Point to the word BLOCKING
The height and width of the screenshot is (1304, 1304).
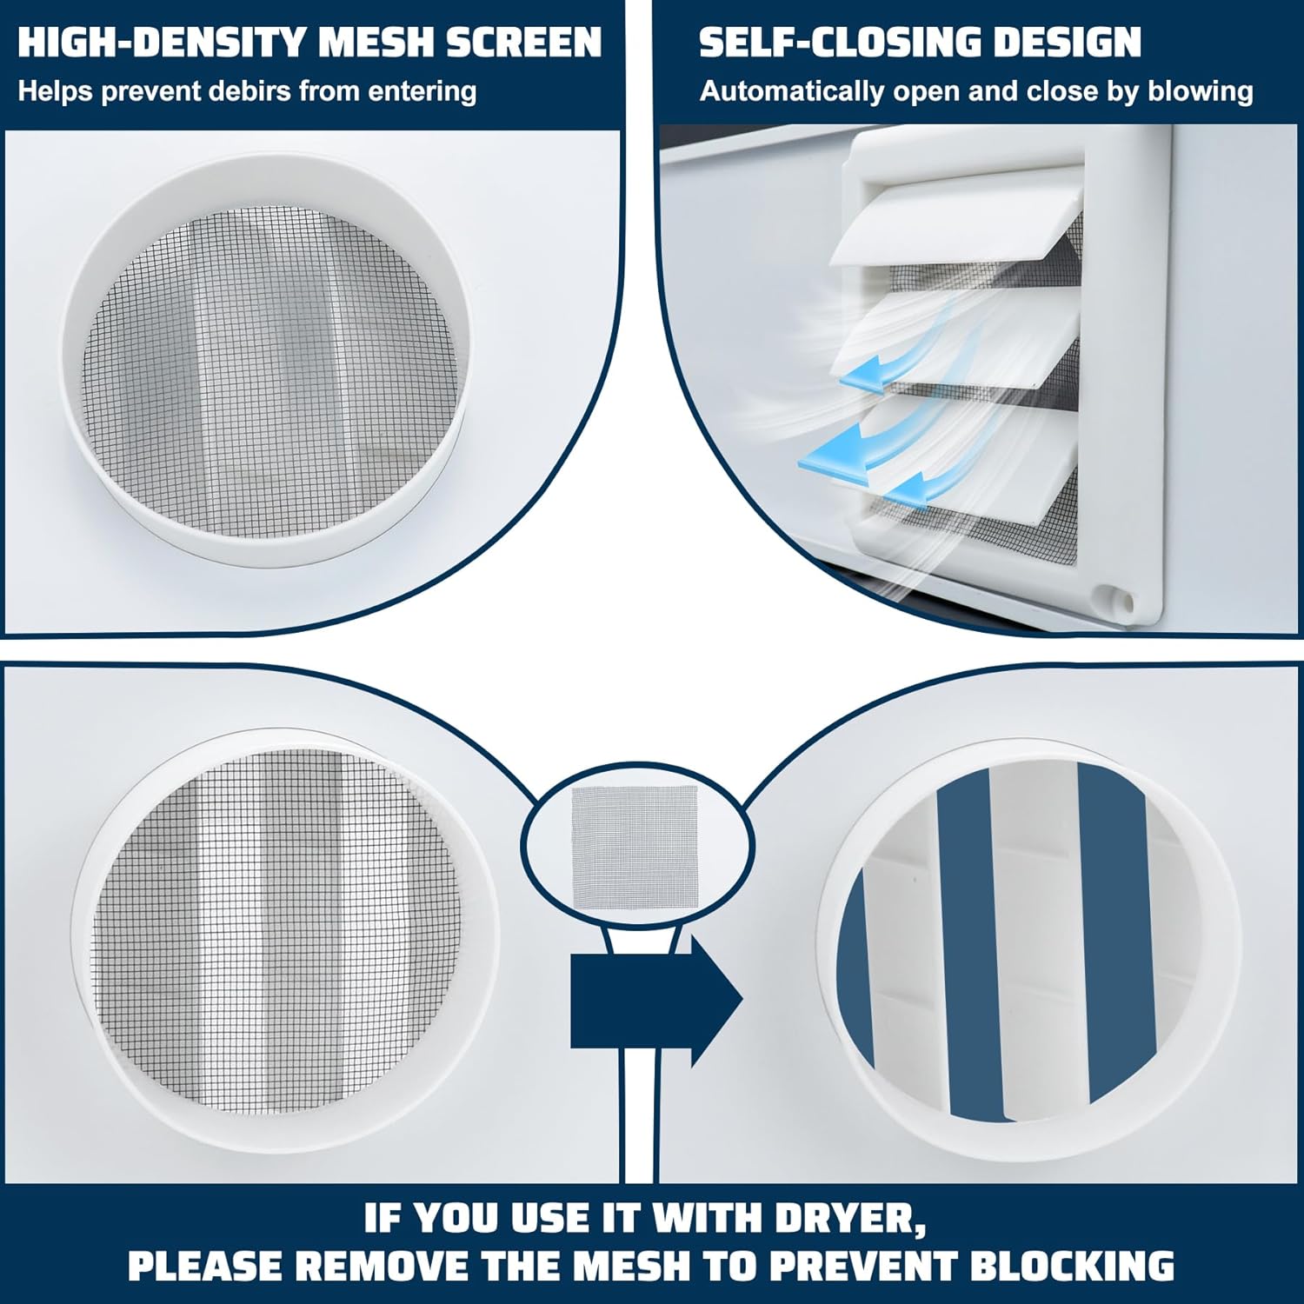pos(1071,1266)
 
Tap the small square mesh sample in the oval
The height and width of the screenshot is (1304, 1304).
pos(635,843)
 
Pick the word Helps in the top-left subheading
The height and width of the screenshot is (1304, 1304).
pos(56,91)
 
